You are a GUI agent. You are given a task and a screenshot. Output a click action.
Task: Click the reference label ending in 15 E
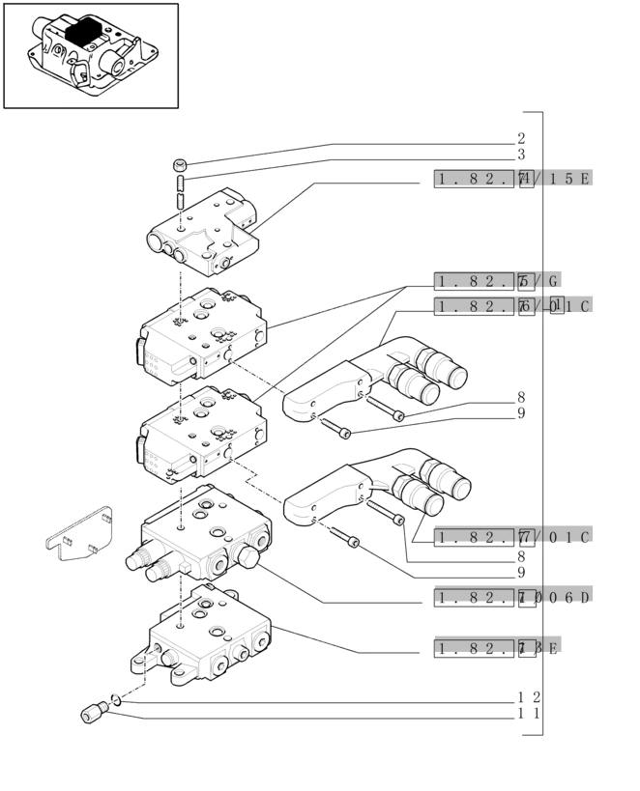(x=512, y=179)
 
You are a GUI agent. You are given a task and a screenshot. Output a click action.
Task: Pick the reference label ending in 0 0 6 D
(x=512, y=598)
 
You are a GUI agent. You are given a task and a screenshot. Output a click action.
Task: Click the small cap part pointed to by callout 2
(x=180, y=163)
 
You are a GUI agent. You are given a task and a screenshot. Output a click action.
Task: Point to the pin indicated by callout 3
(x=181, y=189)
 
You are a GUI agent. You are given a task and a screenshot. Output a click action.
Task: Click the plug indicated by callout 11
(x=93, y=714)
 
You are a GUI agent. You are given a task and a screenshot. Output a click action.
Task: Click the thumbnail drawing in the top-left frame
(x=91, y=55)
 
